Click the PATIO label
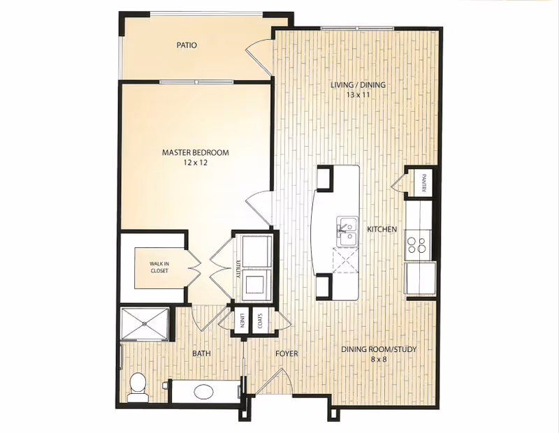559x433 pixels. [x=186, y=45]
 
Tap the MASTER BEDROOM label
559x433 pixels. [x=196, y=152]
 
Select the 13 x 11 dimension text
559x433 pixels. [x=358, y=95]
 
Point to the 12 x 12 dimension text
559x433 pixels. [x=196, y=162]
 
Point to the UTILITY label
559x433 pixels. [x=238, y=267]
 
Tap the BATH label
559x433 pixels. [x=202, y=353]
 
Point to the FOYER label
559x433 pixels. [x=286, y=353]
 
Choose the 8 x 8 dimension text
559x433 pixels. [x=378, y=360]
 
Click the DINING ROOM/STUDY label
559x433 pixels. [x=378, y=350]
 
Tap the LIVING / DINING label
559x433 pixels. [x=358, y=85]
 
